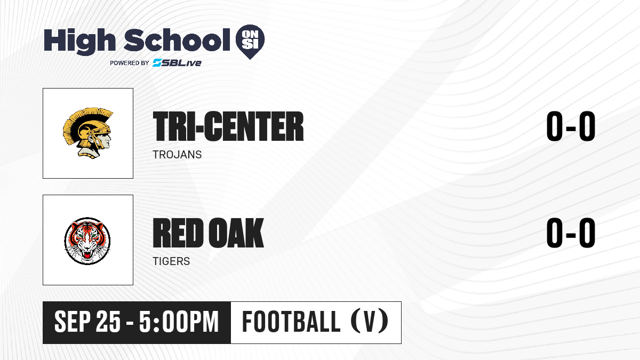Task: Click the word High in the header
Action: coord(79,41)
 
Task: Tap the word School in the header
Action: coord(177,39)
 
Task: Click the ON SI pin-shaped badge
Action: coord(250,42)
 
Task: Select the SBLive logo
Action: coord(177,62)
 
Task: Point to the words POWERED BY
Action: coord(130,63)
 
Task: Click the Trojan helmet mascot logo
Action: coord(88,133)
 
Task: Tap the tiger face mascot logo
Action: coord(87,241)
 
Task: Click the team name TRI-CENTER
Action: coord(228,126)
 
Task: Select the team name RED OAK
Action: coord(209,233)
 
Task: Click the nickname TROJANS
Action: coord(177,155)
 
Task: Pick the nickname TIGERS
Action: coord(171,261)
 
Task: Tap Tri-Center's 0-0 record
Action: coord(571,126)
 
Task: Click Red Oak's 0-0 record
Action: coord(571,233)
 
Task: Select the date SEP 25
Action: coord(87,322)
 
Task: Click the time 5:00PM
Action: coord(179,322)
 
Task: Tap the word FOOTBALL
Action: coord(291,322)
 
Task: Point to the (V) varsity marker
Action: coord(370,322)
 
